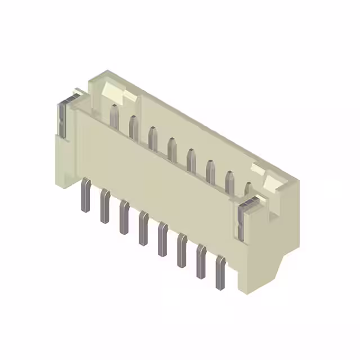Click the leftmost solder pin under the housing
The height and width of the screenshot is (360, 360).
tap(85, 195)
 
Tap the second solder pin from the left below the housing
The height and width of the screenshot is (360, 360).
tap(105, 206)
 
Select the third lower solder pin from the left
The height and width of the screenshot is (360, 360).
tap(124, 217)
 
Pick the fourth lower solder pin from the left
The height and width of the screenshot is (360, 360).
tap(144, 228)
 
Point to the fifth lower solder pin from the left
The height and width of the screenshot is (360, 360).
tap(163, 239)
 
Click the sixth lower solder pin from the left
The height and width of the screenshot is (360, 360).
tap(182, 250)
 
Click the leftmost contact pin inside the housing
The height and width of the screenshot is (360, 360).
tap(114, 116)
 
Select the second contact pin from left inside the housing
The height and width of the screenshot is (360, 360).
tap(133, 127)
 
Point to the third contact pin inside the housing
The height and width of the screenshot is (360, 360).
tap(152, 138)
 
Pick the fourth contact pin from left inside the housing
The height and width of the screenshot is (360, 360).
tap(172, 148)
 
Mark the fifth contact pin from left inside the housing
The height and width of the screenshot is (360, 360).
tap(191, 160)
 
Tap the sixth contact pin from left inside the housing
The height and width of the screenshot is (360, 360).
tap(210, 171)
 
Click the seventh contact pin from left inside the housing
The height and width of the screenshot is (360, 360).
tap(229, 182)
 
